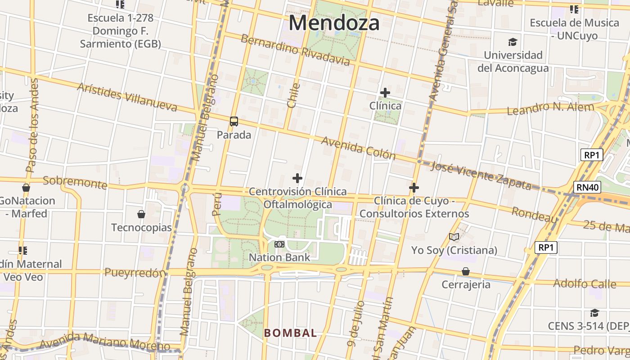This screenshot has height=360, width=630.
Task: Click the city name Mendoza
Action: (334, 23)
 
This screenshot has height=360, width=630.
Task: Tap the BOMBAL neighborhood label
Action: (290, 333)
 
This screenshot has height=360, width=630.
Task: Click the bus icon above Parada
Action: (234, 121)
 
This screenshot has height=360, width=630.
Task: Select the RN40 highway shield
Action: (588, 187)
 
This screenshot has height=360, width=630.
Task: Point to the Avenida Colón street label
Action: (358, 148)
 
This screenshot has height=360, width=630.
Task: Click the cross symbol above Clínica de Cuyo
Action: (414, 188)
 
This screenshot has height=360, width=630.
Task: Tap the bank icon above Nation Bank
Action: (279, 244)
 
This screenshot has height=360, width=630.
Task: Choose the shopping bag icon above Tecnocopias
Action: (141, 214)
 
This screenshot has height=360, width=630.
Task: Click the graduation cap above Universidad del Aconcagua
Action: (513, 42)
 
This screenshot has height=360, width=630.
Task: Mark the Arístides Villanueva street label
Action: (127, 97)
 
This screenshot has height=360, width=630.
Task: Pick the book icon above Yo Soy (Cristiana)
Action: (454, 237)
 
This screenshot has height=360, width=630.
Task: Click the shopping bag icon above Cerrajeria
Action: (466, 271)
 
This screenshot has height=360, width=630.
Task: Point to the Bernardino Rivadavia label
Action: (295, 49)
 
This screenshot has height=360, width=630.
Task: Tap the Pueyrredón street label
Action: (135, 273)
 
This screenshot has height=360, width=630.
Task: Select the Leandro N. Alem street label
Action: (550, 108)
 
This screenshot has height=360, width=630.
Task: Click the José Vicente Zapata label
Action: (481, 175)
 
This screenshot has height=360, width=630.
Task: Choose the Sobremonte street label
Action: (75, 182)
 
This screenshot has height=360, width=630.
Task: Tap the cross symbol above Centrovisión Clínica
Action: (297, 178)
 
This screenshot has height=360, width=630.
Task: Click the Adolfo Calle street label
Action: (585, 283)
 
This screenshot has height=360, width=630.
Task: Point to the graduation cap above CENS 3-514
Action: (594, 313)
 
